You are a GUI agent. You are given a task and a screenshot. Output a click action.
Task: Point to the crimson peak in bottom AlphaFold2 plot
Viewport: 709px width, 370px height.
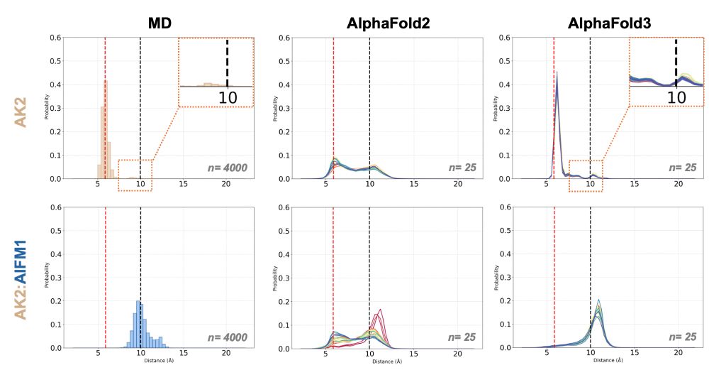[381, 310]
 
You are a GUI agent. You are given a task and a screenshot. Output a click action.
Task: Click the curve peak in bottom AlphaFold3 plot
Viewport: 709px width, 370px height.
[599, 301]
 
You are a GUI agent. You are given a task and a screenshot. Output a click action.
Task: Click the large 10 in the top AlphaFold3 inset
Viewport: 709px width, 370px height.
[676, 97]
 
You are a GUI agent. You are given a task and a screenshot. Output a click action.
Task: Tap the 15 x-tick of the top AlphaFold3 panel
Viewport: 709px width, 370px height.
[635, 185]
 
